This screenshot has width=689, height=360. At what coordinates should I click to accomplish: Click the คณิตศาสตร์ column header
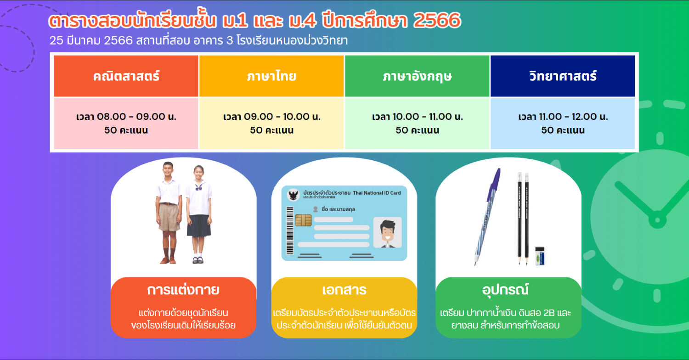(x=126, y=76)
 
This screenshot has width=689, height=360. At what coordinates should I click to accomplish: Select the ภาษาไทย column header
(x=271, y=76)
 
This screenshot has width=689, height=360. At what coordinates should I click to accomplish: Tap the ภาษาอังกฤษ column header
(x=417, y=76)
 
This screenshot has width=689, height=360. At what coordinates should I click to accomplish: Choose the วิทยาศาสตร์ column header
(x=563, y=76)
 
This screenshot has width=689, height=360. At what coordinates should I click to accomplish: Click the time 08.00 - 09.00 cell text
(x=126, y=117)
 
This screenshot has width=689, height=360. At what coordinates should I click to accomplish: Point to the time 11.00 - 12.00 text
(x=563, y=117)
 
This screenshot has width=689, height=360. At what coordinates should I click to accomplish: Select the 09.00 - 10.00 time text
(x=271, y=117)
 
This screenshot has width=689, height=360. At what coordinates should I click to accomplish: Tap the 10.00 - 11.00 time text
(x=418, y=117)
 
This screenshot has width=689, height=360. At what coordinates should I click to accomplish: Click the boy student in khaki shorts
(x=168, y=213)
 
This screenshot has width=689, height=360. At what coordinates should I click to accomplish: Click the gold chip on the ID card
(x=303, y=220)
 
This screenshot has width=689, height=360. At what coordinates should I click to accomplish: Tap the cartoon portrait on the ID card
(x=388, y=233)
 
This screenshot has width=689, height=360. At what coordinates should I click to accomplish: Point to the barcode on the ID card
(x=290, y=231)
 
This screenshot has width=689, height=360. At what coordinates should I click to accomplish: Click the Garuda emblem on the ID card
(x=293, y=195)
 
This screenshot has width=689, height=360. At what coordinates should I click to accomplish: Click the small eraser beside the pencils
(x=540, y=256)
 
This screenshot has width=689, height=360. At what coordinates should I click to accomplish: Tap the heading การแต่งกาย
(x=183, y=290)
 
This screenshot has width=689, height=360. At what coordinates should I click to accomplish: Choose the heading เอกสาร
(x=344, y=290)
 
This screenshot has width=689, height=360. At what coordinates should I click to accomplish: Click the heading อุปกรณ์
(x=505, y=289)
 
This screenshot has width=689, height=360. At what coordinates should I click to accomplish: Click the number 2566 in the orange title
(x=437, y=20)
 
